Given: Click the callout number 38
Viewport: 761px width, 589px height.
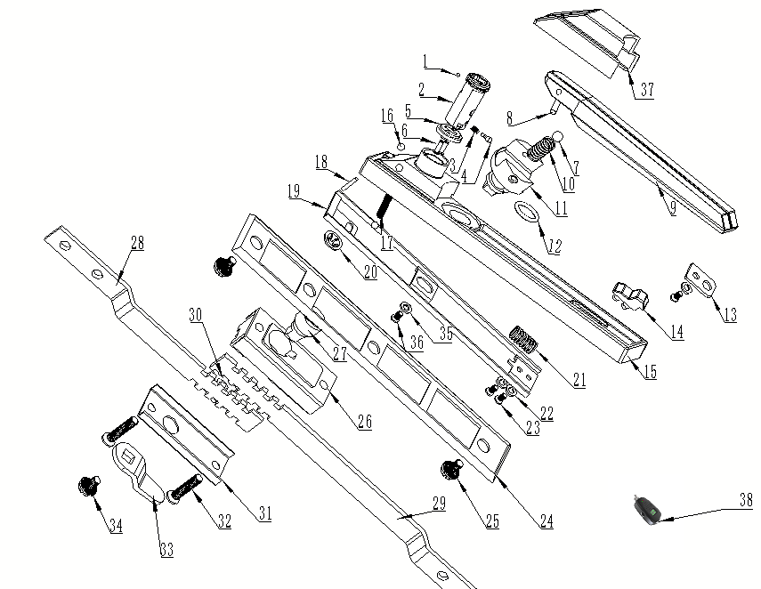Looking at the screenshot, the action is point(746,500).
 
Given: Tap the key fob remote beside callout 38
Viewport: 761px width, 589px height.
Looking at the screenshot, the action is point(646,510).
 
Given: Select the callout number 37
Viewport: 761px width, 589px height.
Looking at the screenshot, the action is point(647,90).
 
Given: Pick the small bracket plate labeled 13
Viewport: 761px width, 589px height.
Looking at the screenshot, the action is point(701,280).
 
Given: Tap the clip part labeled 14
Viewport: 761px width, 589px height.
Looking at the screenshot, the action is point(630,295).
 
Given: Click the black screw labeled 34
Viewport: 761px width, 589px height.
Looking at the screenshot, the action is point(89,486).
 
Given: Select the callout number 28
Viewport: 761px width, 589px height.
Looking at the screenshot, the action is point(137,243).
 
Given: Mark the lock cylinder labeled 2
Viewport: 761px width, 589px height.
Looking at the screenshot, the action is point(467,101).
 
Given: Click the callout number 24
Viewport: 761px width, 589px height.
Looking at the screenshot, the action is point(546,521).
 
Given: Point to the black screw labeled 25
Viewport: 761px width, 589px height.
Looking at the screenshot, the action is point(451,470).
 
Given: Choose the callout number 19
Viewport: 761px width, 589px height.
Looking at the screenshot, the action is point(294,190).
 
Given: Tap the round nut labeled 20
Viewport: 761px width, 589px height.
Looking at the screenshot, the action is point(332,239).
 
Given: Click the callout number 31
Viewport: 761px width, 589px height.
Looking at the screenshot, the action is point(264,513).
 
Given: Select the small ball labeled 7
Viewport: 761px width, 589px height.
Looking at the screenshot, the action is point(558,136).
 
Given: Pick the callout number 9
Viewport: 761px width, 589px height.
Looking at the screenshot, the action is point(672,208).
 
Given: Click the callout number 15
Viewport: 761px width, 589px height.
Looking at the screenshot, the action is point(650,372).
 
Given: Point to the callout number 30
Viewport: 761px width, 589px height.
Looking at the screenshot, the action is point(195,315).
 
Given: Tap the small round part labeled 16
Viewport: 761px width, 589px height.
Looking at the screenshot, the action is point(401,146).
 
